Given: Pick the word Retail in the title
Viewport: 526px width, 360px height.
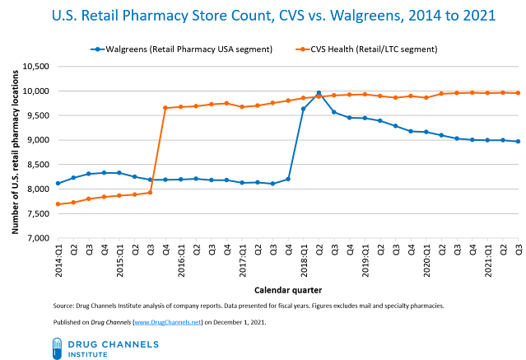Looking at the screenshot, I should click(109, 16).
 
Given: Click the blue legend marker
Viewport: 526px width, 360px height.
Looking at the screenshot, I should click(98, 49).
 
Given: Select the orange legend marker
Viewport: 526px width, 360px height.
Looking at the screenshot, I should click(303, 49).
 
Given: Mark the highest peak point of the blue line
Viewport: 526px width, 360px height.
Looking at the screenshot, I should click(319, 93).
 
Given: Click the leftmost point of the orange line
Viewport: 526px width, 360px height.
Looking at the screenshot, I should click(58, 203).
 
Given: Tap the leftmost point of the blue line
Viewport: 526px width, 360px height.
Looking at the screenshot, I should click(58, 183).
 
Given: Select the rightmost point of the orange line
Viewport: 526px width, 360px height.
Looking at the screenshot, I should click(518, 93).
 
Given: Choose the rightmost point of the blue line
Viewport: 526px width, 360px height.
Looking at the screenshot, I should click(518, 142).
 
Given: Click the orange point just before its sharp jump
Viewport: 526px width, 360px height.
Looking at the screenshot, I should click(150, 192).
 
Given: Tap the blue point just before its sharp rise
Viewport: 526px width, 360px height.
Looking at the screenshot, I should click(288, 179).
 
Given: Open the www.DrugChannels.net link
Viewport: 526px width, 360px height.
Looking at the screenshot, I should click(167, 322).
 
